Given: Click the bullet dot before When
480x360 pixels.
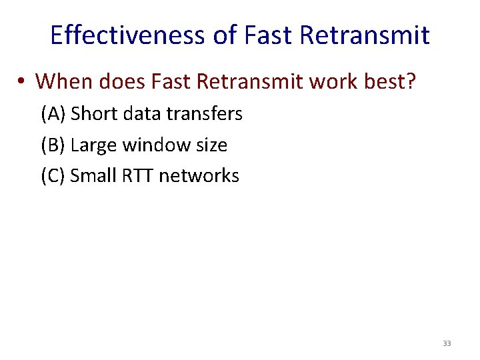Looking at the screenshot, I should (22, 82).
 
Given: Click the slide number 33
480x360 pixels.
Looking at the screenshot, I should (446, 343).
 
